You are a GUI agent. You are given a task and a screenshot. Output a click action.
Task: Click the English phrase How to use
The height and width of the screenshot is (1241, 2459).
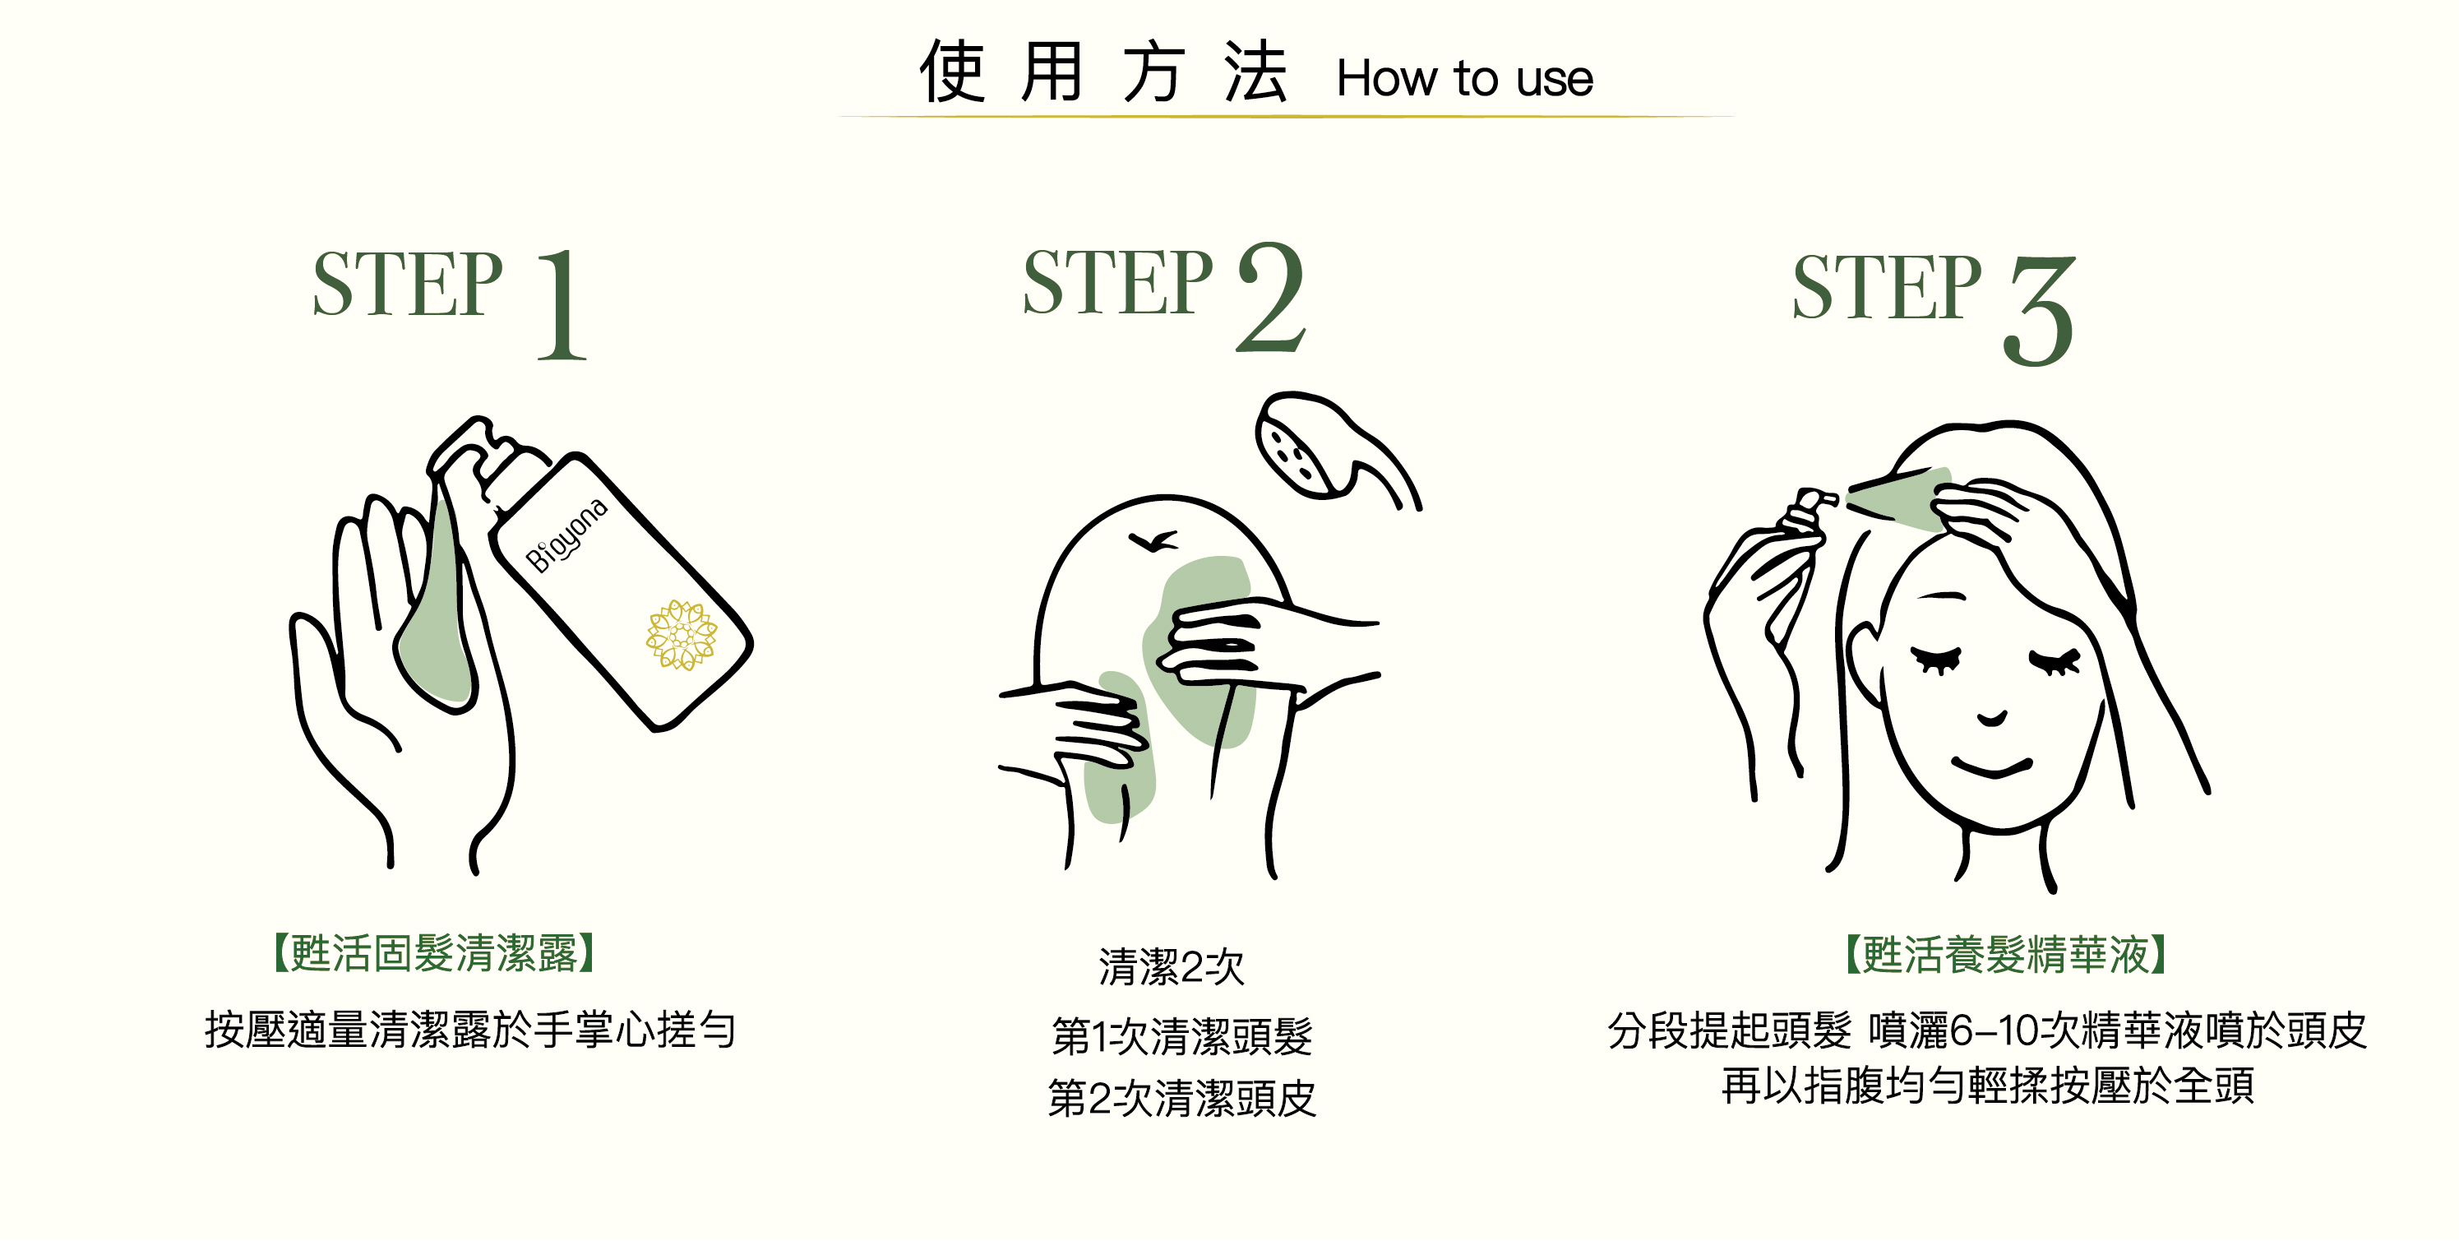click(1464, 78)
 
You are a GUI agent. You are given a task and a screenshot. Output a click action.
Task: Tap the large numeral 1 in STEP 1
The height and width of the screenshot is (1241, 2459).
click(562, 304)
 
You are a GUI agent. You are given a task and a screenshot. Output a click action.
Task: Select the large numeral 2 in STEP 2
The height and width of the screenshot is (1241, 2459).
click(1270, 297)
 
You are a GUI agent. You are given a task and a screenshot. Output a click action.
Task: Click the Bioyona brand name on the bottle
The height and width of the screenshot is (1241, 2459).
click(567, 535)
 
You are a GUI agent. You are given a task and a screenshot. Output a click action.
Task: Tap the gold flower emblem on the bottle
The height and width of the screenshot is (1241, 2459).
click(682, 635)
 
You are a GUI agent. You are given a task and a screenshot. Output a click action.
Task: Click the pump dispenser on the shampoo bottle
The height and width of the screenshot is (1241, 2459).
click(487, 458)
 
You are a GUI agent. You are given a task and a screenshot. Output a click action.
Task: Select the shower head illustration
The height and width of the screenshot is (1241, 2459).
click(1337, 449)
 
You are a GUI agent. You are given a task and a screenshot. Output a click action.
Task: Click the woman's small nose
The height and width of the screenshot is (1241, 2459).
click(1992, 719)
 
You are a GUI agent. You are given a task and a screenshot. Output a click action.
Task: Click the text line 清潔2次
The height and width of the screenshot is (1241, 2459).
click(1172, 967)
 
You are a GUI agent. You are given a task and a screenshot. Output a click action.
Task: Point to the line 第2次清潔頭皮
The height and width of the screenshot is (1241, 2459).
click(1181, 1099)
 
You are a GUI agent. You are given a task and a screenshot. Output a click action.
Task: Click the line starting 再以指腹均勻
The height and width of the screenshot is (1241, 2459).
click(1989, 1086)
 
